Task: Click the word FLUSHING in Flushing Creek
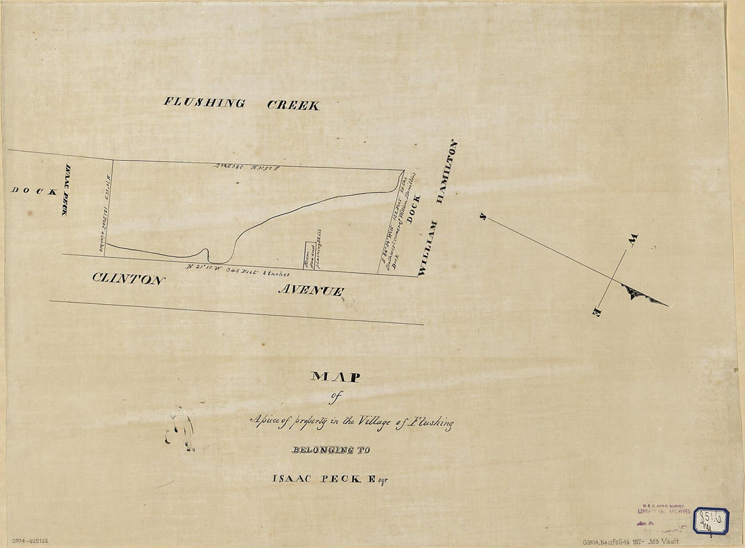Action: (x=204, y=103)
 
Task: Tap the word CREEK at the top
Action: (x=293, y=105)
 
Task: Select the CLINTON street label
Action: (x=128, y=278)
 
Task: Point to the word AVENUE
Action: (x=311, y=290)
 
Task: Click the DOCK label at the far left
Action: (x=34, y=191)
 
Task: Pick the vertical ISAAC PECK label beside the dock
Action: (x=66, y=191)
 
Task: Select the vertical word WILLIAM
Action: (x=427, y=248)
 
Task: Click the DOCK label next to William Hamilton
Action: (x=415, y=210)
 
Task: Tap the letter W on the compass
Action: (x=633, y=239)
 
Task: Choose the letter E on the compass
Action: (x=597, y=312)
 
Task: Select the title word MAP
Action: (x=335, y=377)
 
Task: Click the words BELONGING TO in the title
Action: (x=331, y=450)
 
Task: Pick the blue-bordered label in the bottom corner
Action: (x=710, y=521)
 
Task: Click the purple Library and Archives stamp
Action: (x=664, y=514)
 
